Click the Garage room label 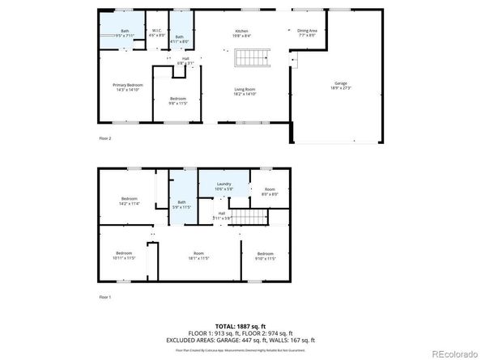click(341, 85)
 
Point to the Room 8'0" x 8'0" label click(270, 192)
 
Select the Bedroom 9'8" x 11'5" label click(178, 100)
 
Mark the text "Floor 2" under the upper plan click(104, 138)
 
